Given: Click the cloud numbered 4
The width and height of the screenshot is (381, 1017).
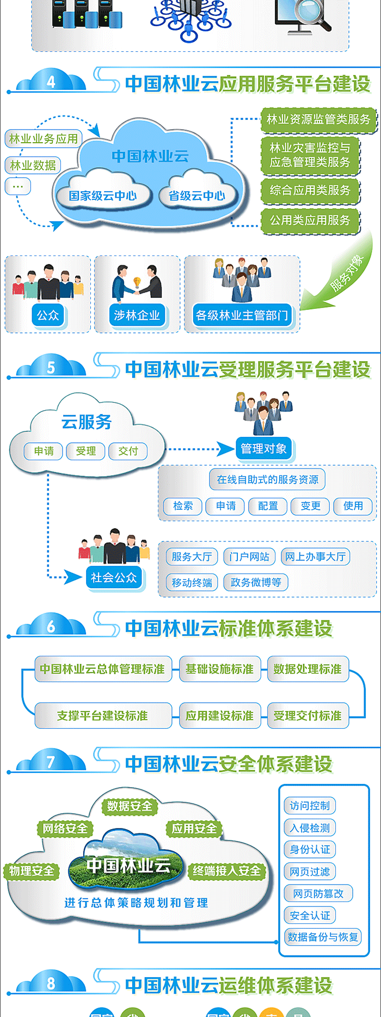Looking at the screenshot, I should click(x=51, y=82).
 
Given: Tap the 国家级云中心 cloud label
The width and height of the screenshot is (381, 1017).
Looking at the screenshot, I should click(x=103, y=196).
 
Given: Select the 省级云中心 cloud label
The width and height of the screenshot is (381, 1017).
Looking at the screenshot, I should click(x=197, y=196).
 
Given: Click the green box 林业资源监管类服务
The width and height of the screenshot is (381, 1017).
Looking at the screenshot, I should click(x=318, y=119).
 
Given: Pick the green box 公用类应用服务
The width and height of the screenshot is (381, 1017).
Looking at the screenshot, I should click(x=310, y=221).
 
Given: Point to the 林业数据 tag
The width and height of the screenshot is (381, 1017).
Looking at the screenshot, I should click(x=33, y=165).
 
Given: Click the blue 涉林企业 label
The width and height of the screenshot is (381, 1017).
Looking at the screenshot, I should click(x=137, y=315).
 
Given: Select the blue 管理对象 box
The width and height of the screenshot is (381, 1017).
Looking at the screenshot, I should click(x=263, y=449).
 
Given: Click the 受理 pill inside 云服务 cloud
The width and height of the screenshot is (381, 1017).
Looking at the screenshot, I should click(x=86, y=451).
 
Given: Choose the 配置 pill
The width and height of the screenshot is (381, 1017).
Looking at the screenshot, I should click(x=268, y=506).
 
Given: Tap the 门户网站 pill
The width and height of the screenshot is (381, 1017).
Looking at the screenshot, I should click(x=249, y=557).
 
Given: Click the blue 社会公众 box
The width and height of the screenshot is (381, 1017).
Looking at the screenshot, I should click(x=114, y=578).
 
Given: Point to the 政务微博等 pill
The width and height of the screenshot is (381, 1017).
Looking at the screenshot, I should click(x=256, y=582).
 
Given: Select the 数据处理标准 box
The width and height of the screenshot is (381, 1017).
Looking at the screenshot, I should click(x=308, y=669).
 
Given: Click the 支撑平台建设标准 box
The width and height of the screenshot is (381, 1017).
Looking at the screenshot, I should click(x=103, y=716).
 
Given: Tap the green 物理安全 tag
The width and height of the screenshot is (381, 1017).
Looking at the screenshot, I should click(x=32, y=871).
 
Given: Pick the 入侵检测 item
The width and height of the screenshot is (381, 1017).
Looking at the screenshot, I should click(x=310, y=828).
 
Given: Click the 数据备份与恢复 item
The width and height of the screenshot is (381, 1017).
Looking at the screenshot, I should click(x=323, y=937).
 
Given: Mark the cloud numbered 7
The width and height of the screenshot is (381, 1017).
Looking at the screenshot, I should click(x=51, y=762).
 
